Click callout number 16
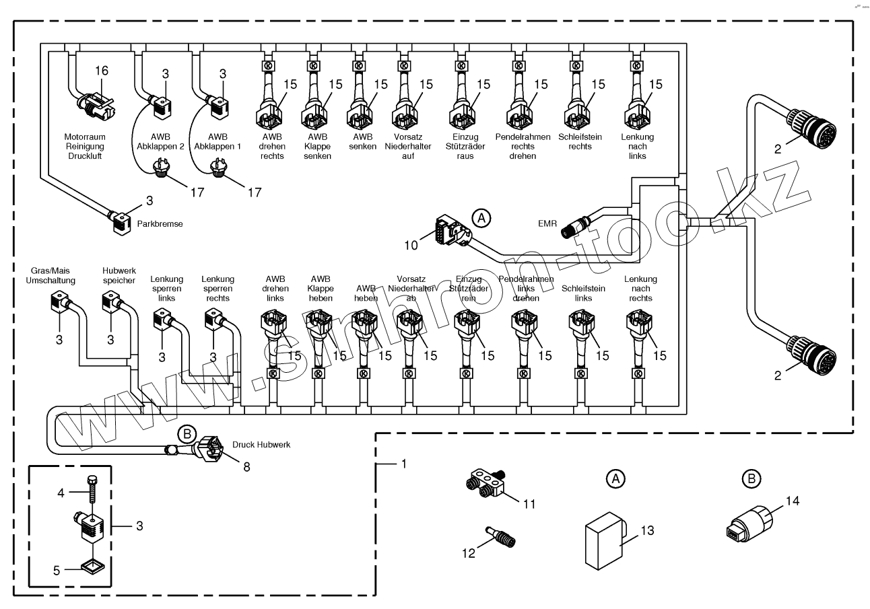pos(101,71)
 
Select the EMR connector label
pos(547,223)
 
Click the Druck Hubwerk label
pos(261,445)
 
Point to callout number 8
pos(246,466)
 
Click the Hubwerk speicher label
pos(119,275)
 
